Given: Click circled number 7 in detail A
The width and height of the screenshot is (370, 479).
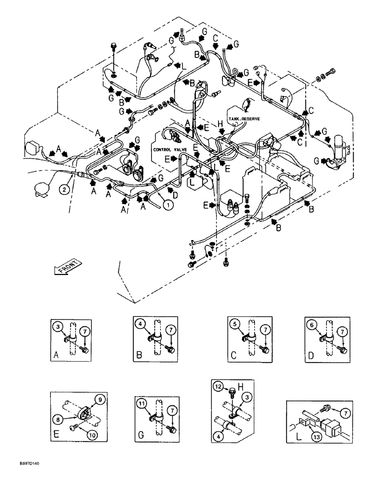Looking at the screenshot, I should tap(84, 331).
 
